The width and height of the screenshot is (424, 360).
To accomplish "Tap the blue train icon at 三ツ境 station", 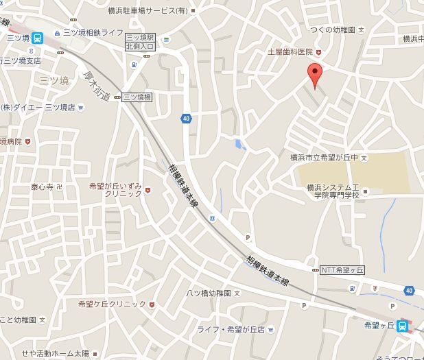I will pyautogui.click(x=38, y=38).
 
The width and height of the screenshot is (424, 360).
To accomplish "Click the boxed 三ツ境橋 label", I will pyautogui.click(x=137, y=97).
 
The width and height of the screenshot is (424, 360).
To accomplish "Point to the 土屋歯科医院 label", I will pyautogui.click(x=290, y=52).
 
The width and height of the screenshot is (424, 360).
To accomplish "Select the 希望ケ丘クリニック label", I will pyautogui.click(x=112, y=303).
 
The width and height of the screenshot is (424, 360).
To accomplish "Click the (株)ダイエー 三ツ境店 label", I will pyautogui.click(x=38, y=107).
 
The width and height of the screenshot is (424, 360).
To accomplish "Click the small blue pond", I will pyautogui.click(x=239, y=144).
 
